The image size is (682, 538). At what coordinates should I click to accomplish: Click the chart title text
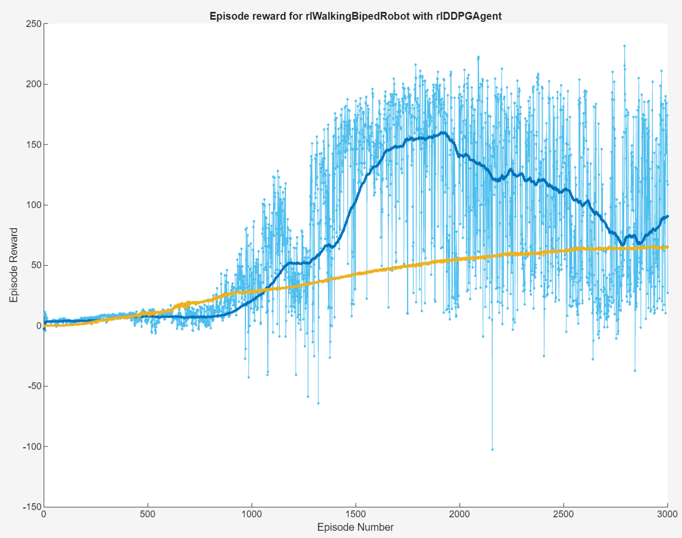pyautogui.click(x=355, y=16)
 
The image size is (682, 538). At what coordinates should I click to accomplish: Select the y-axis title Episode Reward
pyautogui.click(x=14, y=265)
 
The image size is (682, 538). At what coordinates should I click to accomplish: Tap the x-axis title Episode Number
pyautogui.click(x=355, y=527)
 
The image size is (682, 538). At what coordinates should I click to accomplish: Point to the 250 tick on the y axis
pyautogui.click(x=34, y=24)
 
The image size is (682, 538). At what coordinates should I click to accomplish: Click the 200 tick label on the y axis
pyautogui.click(x=34, y=84)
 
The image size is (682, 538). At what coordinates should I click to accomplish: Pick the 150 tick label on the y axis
pyautogui.click(x=34, y=145)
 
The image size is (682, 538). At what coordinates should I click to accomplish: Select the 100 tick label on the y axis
pyautogui.click(x=34, y=205)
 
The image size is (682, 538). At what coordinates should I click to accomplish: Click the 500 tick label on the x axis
pyautogui.click(x=148, y=515)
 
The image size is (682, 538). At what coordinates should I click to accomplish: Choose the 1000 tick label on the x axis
pyautogui.click(x=252, y=515)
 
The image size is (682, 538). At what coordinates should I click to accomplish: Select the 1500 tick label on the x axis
pyautogui.click(x=356, y=515)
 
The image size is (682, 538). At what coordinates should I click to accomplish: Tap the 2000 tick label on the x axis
pyautogui.click(x=460, y=515)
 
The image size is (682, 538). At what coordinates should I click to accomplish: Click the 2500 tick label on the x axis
pyautogui.click(x=563, y=515)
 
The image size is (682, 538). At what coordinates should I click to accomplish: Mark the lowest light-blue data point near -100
pyautogui.click(x=492, y=449)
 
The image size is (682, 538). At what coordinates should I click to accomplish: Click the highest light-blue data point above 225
pyautogui.click(x=624, y=46)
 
